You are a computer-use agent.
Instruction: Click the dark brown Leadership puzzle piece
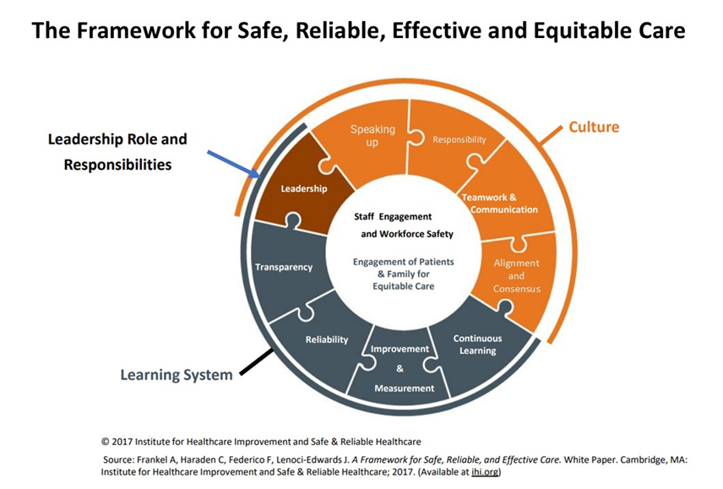[302, 187]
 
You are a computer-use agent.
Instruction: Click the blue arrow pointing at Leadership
[234, 165]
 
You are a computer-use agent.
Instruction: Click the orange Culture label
[594, 127]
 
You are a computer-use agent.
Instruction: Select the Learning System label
[177, 375]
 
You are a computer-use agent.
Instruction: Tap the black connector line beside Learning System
[257, 362]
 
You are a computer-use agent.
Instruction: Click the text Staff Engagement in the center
[393, 216]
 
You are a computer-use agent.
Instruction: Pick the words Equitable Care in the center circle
[404, 286]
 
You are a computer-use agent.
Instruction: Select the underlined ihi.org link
[485, 472]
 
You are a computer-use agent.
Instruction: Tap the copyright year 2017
[122, 442]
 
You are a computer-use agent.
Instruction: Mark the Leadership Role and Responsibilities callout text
[117, 152]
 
